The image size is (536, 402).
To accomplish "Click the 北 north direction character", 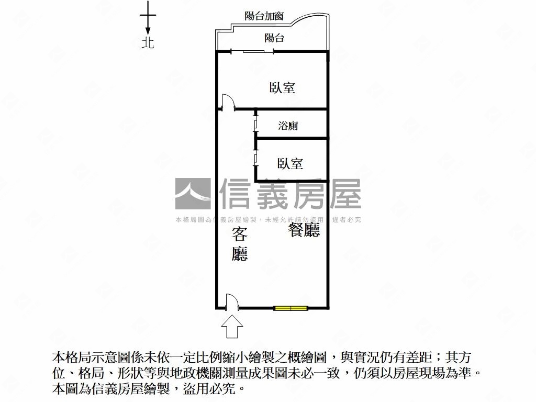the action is point(148,43).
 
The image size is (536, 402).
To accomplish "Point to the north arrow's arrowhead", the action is point(148,30).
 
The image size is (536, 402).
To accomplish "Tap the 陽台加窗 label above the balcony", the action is point(264,16).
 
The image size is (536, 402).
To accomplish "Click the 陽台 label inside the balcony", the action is point(274,38).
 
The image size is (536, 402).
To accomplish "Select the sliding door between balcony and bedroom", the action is point(253,52).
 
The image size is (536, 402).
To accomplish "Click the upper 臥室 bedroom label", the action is point(282,88).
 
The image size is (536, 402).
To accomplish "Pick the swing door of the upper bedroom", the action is point(228,102).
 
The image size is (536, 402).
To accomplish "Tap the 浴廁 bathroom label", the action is point(288,126).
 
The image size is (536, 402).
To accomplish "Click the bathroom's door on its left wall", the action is point(255,124).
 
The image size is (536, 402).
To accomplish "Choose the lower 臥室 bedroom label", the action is point(290,164).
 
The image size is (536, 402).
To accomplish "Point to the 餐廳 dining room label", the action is point(304,230).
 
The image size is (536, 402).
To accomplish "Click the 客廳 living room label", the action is point(239,244).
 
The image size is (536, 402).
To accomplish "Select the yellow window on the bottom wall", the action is point(291,308).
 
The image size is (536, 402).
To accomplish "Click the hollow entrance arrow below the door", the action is point(232,327).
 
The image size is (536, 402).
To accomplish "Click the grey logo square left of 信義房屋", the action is point(193,194).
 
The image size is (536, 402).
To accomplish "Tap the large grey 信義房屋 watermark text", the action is point(290,194).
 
